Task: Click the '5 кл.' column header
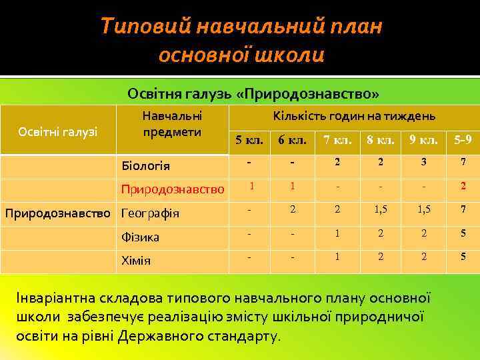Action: click(250, 141)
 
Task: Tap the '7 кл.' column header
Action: click(337, 141)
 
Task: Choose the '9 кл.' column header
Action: click(423, 141)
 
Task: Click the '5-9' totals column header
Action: click(463, 141)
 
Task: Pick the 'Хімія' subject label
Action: click(135, 260)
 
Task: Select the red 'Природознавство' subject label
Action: click(172, 190)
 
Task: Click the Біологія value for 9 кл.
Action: click(423, 163)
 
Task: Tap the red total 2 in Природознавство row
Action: click(463, 187)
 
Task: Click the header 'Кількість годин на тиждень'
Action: click(354, 116)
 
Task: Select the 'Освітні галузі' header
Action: click(58, 131)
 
